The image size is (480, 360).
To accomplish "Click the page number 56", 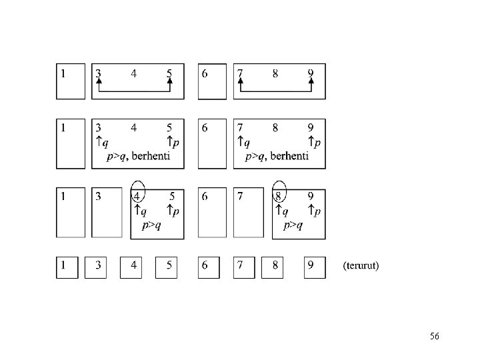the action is (435, 336).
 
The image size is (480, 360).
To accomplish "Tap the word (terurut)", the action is (361, 265).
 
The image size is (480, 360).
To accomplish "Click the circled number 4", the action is (137, 196).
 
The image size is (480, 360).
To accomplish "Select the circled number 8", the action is (278, 196).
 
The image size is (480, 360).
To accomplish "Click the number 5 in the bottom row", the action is (169, 265).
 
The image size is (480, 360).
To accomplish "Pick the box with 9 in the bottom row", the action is (315, 267).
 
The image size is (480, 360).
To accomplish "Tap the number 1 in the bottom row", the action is (63, 265).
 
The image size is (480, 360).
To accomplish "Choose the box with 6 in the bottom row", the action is (209, 267).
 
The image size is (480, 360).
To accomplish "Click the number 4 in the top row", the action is (134, 74).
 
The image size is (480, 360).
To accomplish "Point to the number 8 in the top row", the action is (275, 74).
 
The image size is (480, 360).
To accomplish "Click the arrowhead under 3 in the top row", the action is (99, 81).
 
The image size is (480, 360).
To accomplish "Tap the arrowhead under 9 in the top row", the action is (311, 81).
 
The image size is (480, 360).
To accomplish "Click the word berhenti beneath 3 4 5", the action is (151, 156).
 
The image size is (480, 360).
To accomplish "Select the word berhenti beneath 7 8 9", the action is (289, 156).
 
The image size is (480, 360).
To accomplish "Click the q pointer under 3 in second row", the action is (102, 142).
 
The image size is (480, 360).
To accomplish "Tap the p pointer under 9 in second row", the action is (315, 142).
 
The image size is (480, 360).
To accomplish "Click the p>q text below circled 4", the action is (151, 225).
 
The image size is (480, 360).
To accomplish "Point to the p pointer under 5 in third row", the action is (173, 211).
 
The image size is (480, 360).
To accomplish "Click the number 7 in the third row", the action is (240, 196).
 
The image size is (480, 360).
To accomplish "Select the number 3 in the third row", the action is (98, 196).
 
